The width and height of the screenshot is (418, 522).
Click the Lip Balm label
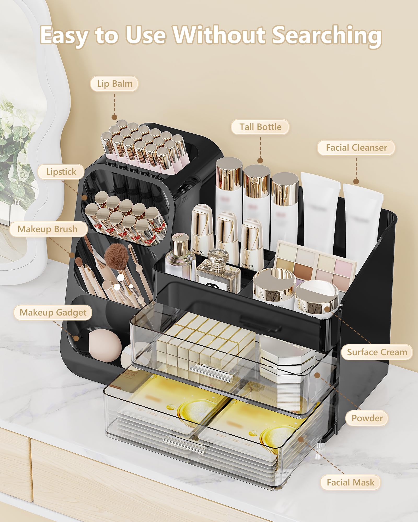click(x=114, y=84)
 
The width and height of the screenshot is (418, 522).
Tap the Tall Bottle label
click(x=260, y=127)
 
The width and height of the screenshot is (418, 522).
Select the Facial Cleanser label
click(x=356, y=148)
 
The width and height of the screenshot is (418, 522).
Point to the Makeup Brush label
click(x=48, y=229)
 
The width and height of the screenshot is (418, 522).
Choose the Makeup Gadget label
click(x=53, y=312)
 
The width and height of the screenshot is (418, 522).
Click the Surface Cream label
click(x=377, y=352)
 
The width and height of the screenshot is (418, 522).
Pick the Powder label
click(x=367, y=418)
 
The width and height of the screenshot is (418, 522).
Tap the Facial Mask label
click(x=350, y=482)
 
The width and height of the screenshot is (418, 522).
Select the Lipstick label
click(x=61, y=172)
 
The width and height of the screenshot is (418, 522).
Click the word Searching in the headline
click(x=327, y=35)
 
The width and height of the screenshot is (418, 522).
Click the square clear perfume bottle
click(x=218, y=274)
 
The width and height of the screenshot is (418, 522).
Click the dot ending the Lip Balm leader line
click(x=114, y=117)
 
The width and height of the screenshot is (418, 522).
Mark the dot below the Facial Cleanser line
click(x=356, y=181)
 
